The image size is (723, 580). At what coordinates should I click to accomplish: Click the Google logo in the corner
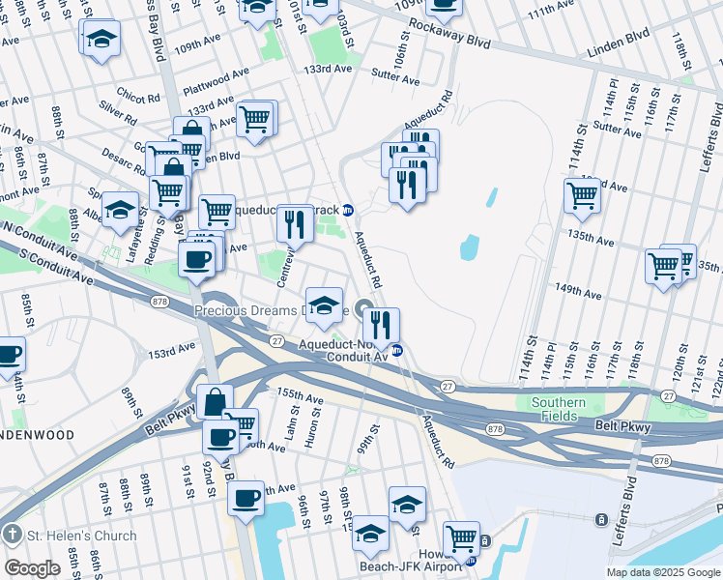pyautogui.click(x=32, y=567)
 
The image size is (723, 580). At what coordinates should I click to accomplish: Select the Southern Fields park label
pyautogui.click(x=558, y=409)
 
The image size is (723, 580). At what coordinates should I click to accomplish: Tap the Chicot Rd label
pyautogui.click(x=138, y=98)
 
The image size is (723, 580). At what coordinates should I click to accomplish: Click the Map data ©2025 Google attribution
pyautogui.click(x=662, y=572)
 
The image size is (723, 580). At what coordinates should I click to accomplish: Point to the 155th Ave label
pyautogui.click(x=300, y=397)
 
